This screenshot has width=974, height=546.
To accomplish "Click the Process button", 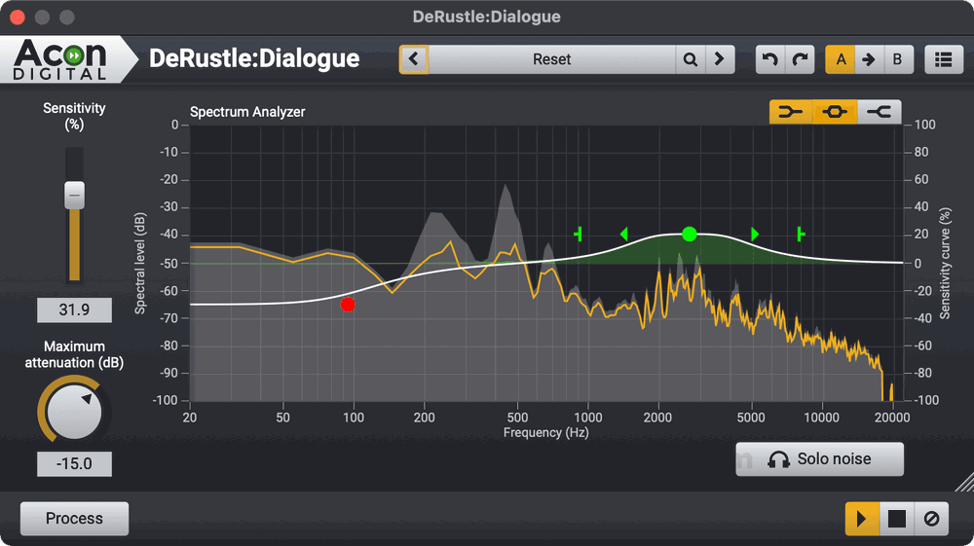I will (74, 519).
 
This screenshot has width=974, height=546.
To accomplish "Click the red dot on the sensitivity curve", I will (348, 305).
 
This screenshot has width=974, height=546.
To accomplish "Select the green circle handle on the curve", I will (690, 234).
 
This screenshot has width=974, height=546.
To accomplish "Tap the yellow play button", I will (861, 519).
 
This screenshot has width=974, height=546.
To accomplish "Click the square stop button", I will (897, 519).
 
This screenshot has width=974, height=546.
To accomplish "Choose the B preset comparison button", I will (897, 59).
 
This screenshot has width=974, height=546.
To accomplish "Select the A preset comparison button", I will (841, 59).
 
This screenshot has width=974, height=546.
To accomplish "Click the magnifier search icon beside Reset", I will (691, 59).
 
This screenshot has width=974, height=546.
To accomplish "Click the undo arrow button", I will (770, 59).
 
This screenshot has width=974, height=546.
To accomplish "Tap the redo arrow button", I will (800, 59).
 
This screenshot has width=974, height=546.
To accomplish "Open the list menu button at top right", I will (942, 59).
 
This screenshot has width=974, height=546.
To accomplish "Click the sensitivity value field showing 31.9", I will (74, 310).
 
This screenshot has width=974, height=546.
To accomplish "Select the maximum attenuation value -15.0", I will (74, 464).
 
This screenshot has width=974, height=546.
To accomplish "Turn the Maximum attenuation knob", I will (75, 412).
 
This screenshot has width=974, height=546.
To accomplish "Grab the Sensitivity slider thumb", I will (75, 195).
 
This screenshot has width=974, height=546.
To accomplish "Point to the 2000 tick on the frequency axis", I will (658, 418).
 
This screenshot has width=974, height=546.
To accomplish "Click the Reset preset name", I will (551, 59).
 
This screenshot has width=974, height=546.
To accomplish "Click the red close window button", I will (18, 18).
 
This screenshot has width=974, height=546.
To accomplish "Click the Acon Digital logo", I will (60, 58).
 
